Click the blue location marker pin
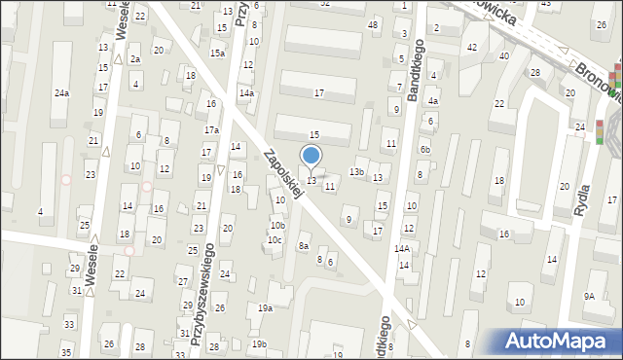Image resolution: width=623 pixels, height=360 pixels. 311,156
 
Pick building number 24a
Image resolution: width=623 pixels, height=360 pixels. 61,93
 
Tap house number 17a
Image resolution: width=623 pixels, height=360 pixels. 211,130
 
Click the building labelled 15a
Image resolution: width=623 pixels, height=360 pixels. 217,54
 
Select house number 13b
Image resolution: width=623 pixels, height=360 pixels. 357,173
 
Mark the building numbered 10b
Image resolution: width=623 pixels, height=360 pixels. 277,226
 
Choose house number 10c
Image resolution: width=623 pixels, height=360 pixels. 275,240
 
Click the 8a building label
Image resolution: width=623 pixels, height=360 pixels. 304,247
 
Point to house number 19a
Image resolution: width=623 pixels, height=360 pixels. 265,308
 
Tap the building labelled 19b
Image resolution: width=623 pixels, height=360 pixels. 259,344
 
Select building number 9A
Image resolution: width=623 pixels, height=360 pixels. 589,296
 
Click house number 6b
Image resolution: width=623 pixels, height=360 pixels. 424,149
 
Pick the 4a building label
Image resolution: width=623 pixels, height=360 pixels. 433,100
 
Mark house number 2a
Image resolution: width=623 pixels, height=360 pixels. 135,59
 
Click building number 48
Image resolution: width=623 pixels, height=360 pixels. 373,24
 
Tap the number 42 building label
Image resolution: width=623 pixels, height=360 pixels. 472,47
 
